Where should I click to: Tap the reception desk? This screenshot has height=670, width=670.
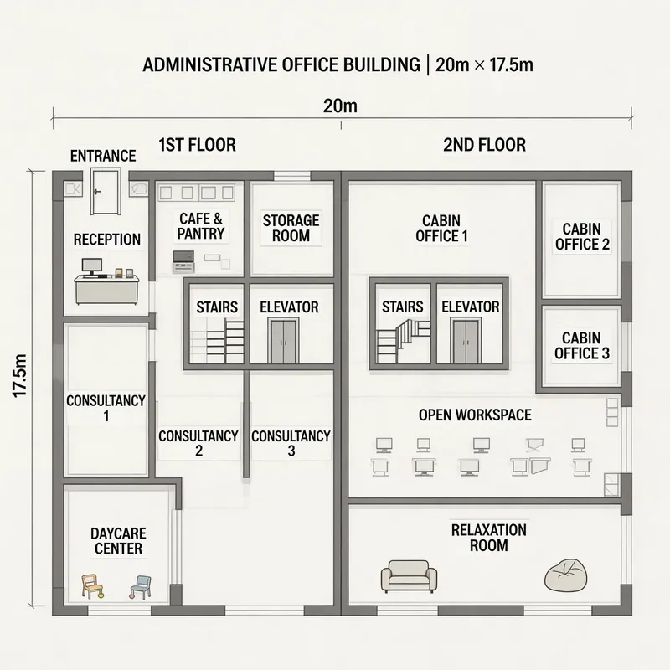coord(106,290)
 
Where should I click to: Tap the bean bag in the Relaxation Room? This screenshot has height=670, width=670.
coord(566,575)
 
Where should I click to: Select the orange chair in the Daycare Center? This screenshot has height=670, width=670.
coord(92,585)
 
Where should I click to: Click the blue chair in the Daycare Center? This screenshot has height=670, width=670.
coord(141,586)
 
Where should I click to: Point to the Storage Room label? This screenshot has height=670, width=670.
coord(291,228)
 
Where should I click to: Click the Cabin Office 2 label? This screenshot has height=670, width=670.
coord(581,237)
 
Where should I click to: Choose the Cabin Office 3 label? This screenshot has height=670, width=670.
coord(581,346)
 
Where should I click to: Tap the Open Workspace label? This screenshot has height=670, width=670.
coord(475,415)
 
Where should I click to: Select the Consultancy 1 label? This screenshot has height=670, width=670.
coord(106,408)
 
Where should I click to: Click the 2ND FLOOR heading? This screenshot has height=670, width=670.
coord(484,145)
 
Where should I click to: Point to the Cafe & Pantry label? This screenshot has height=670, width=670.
coord(201,225)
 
